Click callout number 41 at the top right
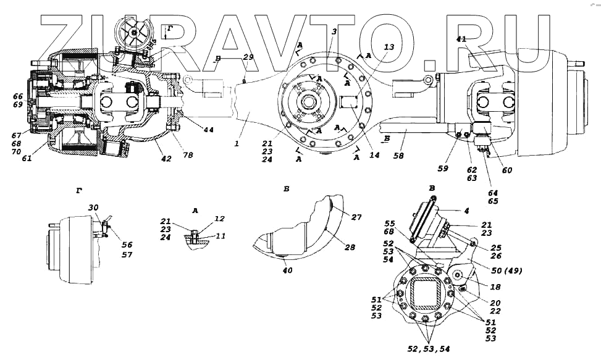pos(462,39)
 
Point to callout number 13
pos(388,47)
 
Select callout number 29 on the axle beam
pos(248,57)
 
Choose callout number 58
pos(399,156)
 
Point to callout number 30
pos(93,207)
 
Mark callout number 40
pos(288,270)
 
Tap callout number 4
pos(466,211)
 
